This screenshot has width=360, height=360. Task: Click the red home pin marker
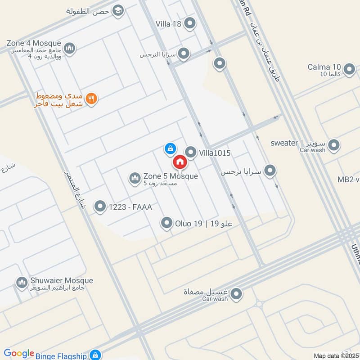tap(180, 162)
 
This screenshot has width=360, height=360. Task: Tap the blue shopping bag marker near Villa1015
tap(170, 148)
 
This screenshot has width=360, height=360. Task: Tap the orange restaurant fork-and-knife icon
tap(91, 99)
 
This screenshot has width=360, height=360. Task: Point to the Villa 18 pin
tap(190, 23)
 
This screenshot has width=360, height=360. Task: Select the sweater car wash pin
tap(334, 145)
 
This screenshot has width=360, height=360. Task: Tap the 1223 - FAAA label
tap(130, 207)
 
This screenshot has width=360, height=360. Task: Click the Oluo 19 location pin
tap(167, 223)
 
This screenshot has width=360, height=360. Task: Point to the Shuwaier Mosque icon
tap(21, 283)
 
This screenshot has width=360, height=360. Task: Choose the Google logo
tap(19, 354)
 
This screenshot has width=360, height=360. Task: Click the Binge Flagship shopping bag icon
tap(94, 355)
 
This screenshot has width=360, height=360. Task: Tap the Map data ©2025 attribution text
tap(335, 356)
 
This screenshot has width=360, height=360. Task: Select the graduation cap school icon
tap(118, 11)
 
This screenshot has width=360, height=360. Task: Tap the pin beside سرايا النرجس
tap(183, 54)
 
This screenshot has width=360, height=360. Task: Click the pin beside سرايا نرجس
tap(270, 171)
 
